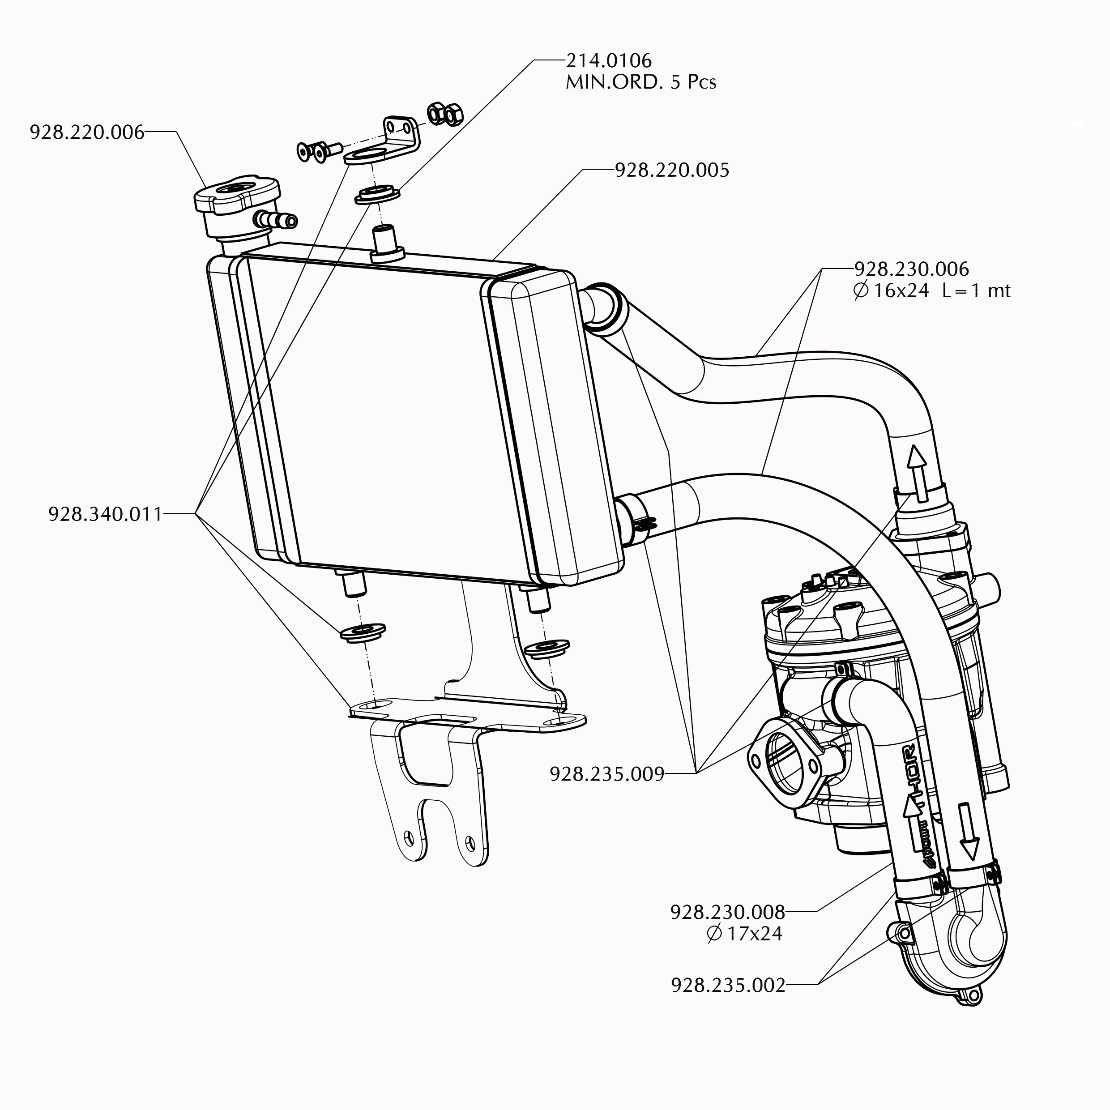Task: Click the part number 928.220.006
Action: coord(87,133)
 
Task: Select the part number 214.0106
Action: coord(608,61)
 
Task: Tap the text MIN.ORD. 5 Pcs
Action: coord(640,83)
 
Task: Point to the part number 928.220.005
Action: coord(672,170)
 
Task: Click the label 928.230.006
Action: coord(911,269)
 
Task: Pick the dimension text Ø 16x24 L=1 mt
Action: coord(931,291)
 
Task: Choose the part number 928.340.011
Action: coord(105,514)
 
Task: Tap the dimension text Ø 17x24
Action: coord(744,933)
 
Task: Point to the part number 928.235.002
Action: coord(727,985)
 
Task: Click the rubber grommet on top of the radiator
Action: coord(377,194)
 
